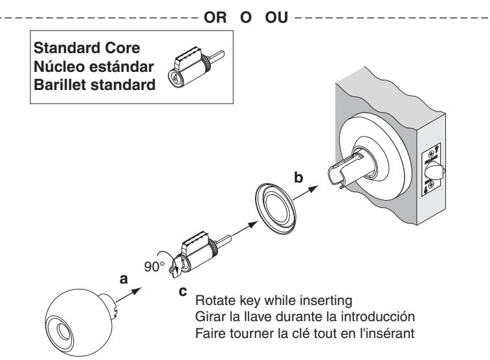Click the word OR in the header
(215, 17)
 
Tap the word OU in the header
(276, 17)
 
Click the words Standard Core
(87, 48)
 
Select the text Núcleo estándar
(94, 66)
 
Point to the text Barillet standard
(95, 84)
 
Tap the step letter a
(124, 279)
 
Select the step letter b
(298, 177)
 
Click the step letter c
(183, 291)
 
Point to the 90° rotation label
(154, 267)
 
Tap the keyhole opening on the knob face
(63, 332)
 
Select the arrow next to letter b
(305, 193)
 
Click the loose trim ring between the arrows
(275, 209)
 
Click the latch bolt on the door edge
(434, 172)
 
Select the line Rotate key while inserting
(274, 300)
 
